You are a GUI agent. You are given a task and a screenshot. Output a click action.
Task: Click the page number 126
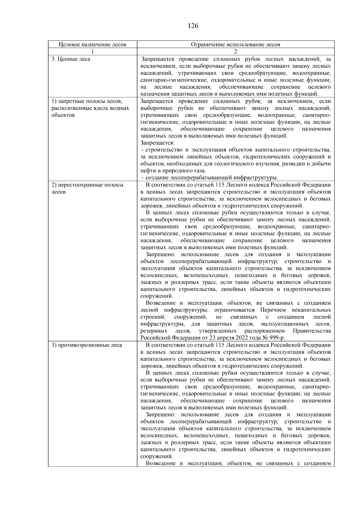[193, 26]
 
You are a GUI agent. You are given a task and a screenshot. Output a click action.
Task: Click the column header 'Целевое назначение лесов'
[92, 44]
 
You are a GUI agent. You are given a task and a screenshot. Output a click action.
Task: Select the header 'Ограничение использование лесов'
[235, 44]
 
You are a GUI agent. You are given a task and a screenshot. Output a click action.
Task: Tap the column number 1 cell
[92, 51]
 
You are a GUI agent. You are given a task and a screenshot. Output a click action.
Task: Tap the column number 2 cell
[235, 51]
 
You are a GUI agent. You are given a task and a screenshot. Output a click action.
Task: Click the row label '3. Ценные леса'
[71, 59]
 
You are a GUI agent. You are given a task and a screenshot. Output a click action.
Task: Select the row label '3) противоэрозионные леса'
[86, 345]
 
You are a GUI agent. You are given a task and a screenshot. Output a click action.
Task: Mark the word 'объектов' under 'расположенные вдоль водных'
[63, 115]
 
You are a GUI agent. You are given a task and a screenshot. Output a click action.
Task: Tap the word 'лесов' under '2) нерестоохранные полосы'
[58, 192]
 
